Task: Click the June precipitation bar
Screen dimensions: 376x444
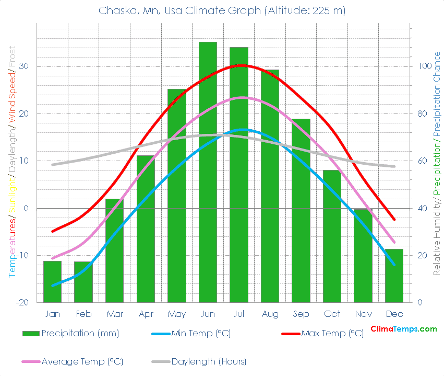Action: [x=208, y=173]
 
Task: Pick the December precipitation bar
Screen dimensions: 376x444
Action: [x=394, y=276]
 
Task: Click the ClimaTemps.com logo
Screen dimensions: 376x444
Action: [x=403, y=329]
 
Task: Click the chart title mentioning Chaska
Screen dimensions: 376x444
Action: [x=222, y=10]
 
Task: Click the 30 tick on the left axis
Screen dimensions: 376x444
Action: [x=23, y=66]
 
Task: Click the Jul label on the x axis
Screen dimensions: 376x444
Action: [x=238, y=314]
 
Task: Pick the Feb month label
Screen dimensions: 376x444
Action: [x=83, y=314]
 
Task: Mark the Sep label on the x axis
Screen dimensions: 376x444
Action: [x=301, y=314]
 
